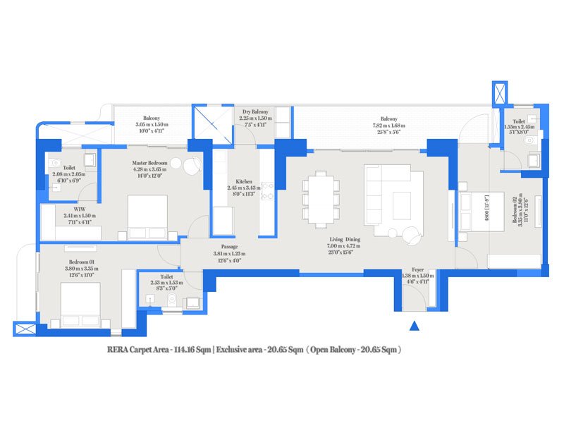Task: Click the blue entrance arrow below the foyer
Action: pyautogui.click(x=415, y=326)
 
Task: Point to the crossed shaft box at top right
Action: pyautogui.click(x=500, y=93)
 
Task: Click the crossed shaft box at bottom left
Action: pyautogui.click(x=23, y=329)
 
